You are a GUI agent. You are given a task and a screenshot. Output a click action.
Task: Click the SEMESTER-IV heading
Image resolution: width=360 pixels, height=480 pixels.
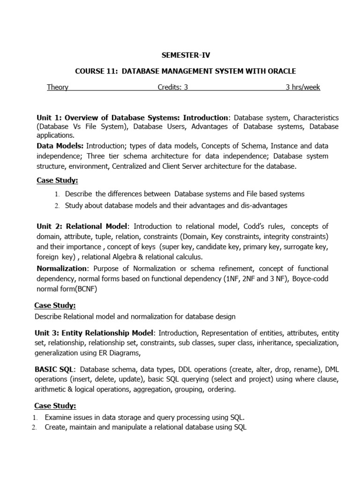point(180,55)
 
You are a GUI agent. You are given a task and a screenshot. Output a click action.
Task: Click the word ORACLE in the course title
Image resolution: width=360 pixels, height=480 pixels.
point(280,71)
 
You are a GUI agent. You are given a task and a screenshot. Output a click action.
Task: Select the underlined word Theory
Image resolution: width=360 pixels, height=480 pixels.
point(58,87)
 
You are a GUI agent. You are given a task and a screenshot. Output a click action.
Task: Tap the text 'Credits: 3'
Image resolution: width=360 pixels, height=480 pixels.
point(172,87)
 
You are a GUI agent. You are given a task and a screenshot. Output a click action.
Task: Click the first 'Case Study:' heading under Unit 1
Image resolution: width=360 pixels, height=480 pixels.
point(57,180)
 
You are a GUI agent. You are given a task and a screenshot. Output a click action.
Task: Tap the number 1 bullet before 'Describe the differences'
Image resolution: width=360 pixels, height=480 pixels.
point(56,194)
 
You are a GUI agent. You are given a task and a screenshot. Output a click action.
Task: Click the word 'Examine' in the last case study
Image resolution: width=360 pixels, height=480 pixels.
point(59,417)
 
